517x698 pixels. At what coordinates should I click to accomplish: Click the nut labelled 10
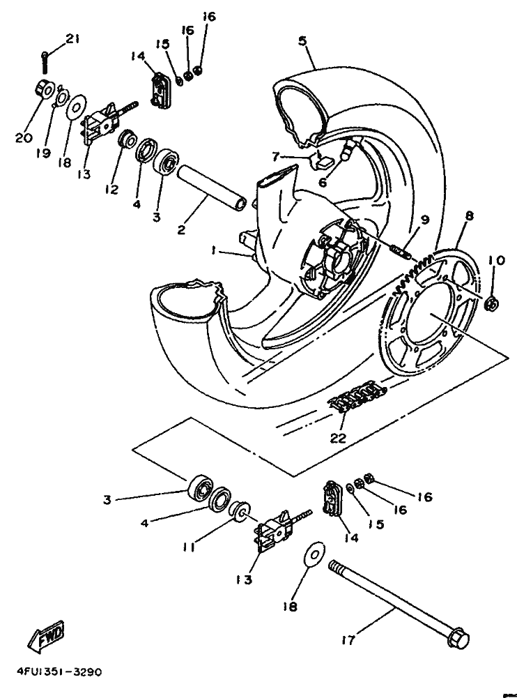490,303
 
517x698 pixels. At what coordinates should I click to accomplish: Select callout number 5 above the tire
302,40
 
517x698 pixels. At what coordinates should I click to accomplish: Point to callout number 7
276,155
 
